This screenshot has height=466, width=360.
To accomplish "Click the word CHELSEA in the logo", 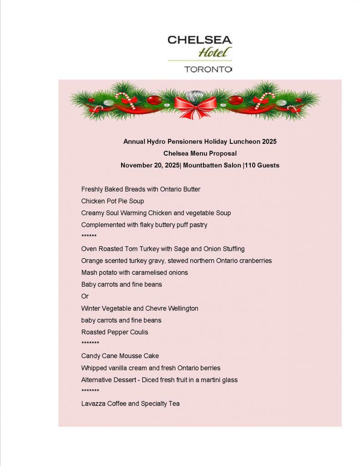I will tap(199, 40).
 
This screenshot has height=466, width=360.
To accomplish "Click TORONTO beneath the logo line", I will tap(208, 70).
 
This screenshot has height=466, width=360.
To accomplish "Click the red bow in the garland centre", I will tap(195, 106).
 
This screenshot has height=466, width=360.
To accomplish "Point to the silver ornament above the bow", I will tap(195, 95).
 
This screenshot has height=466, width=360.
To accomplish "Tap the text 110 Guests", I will tap(263, 165).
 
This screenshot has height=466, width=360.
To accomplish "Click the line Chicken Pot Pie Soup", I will tap(112, 201).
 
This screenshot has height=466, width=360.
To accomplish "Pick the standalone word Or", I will tap(85, 296).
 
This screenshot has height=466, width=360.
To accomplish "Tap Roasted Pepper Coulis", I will tap(115, 332).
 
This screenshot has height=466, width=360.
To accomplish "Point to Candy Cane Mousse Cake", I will tap(120, 356).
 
